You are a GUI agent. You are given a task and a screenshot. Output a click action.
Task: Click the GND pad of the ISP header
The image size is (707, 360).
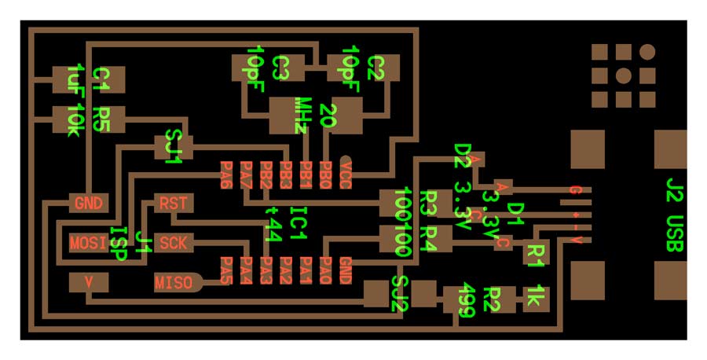point(89,203)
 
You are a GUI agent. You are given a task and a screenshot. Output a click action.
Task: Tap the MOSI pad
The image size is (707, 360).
point(88,243)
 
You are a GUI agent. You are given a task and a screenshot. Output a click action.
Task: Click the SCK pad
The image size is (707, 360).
point(173,243)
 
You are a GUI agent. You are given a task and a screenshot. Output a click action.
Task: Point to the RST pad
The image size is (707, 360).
point(173,203)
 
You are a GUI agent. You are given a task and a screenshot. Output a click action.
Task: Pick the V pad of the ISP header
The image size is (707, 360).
point(89,281)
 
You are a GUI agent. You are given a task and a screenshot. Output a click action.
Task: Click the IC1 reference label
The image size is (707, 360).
point(297,223)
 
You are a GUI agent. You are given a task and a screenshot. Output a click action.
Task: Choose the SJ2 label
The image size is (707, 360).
point(399,294)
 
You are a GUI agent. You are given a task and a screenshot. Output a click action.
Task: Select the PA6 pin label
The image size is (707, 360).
point(226,175)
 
